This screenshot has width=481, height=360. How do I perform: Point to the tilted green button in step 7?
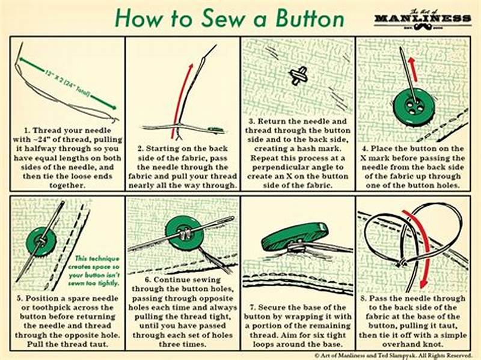[x=295, y=236]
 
